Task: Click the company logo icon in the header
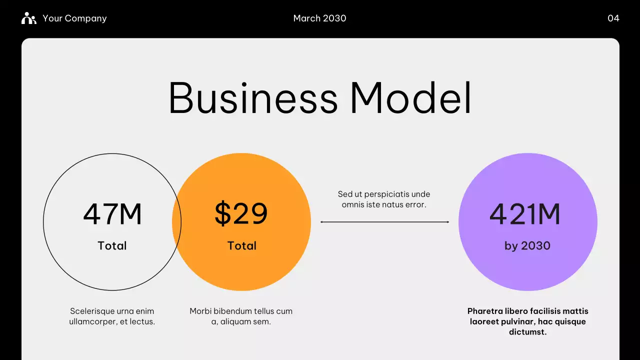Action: (x=28, y=18)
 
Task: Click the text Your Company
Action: (x=74, y=18)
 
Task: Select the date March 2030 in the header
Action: (x=319, y=18)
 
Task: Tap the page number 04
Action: (x=613, y=18)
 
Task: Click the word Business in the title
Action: (x=253, y=98)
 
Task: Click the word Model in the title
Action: (x=410, y=98)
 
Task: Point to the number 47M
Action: (x=112, y=214)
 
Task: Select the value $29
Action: (x=241, y=213)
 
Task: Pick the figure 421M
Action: (x=525, y=214)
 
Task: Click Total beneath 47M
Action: (x=112, y=245)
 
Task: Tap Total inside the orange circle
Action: (x=242, y=245)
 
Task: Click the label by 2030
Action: (x=527, y=245)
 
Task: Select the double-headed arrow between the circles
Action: (x=384, y=222)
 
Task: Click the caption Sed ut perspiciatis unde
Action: (x=384, y=194)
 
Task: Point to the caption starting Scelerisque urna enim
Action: (x=112, y=316)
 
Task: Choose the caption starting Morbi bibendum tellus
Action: (x=241, y=316)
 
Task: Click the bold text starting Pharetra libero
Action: (x=528, y=321)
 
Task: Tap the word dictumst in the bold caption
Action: (x=527, y=332)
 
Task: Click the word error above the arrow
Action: (x=414, y=204)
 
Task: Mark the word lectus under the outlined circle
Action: (x=141, y=322)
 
